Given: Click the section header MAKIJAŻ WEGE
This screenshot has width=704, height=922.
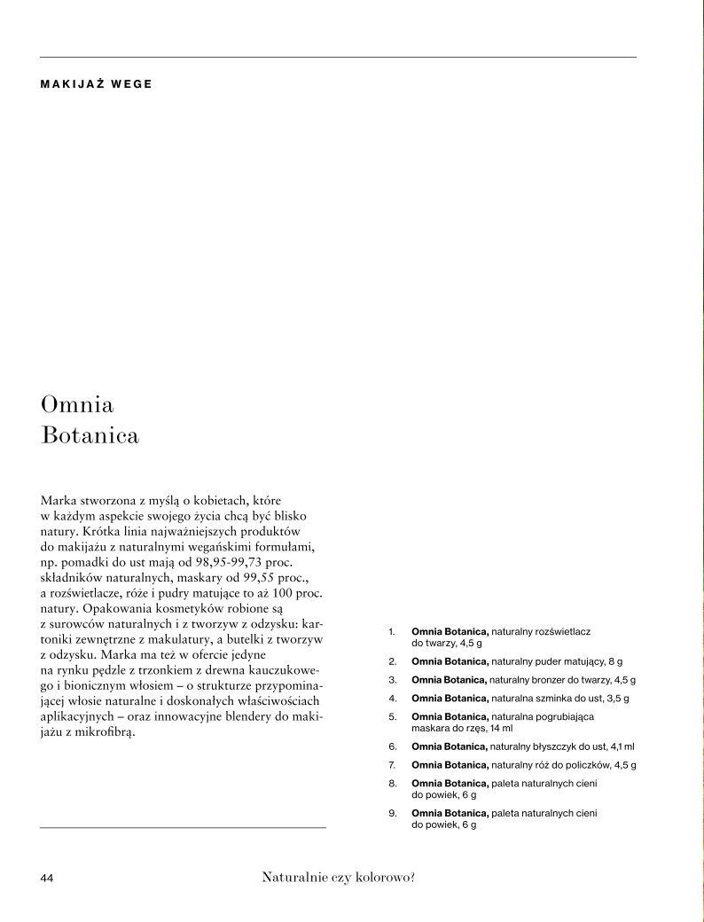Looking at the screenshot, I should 96,85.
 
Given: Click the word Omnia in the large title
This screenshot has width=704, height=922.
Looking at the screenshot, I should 77,405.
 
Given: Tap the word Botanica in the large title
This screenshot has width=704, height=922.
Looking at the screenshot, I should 90,437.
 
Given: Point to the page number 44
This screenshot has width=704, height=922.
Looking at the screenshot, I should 48,878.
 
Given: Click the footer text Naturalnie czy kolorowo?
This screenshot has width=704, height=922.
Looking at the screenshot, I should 339,878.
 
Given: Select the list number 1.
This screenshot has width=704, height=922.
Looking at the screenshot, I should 391,631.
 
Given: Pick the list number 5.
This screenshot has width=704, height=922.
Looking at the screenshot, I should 392,715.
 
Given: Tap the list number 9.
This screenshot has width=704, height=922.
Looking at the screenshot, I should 392,813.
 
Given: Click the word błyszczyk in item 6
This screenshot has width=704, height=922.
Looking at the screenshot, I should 555,746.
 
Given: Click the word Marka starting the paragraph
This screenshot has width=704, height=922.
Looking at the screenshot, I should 59,501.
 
